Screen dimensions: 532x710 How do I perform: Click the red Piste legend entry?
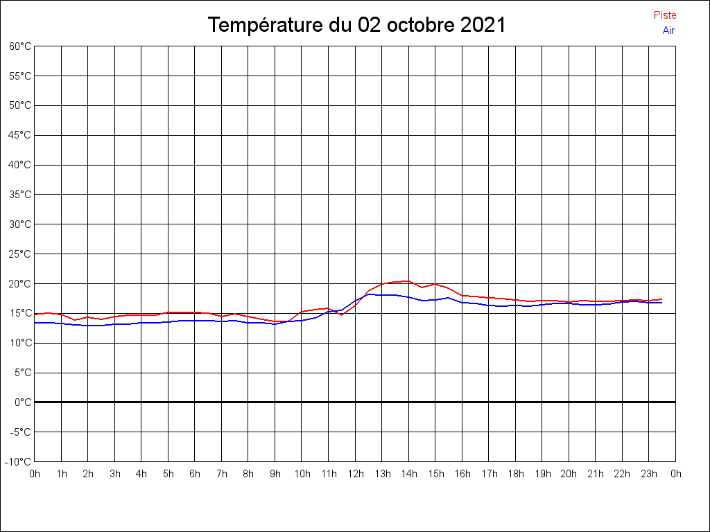(x=664, y=15)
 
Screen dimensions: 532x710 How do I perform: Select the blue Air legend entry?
(x=668, y=30)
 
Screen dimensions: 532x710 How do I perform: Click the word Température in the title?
(x=267, y=26)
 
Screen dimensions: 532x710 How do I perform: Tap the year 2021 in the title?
(x=483, y=26)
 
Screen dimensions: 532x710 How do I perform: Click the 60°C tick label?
(x=20, y=46)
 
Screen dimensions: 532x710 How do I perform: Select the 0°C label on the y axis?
(x=24, y=402)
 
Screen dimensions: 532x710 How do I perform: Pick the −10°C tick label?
(x=19, y=461)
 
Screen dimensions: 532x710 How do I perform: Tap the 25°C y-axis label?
(x=20, y=254)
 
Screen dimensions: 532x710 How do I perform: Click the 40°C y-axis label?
(x=20, y=165)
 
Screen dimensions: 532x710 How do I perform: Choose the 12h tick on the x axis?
(x=355, y=474)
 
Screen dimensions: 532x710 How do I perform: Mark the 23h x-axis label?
(x=649, y=474)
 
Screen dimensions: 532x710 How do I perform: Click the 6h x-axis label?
(x=195, y=474)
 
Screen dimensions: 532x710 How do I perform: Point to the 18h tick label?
(x=515, y=474)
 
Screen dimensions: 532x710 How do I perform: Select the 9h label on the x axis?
(x=275, y=474)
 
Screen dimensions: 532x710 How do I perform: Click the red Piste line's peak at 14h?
(x=408, y=281)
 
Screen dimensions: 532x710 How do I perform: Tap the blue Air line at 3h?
(x=114, y=324)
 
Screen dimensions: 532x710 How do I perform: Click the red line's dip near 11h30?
(x=341, y=314)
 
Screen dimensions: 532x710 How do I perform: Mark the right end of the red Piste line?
(x=661, y=299)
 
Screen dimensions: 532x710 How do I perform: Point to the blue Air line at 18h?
(x=515, y=305)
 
